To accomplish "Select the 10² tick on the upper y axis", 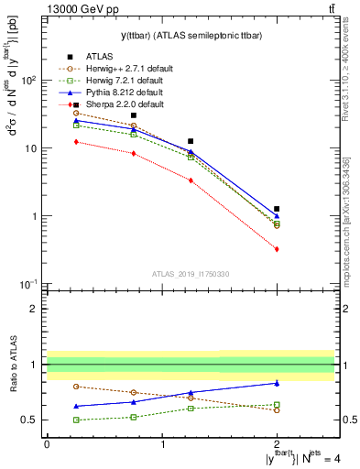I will pyautogui.click(x=30, y=80).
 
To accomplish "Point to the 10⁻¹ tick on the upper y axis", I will pyautogui.click(x=30, y=285).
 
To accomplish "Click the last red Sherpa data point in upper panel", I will pyautogui.click(x=277, y=249).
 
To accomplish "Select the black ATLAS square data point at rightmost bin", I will pyautogui.click(x=277, y=209).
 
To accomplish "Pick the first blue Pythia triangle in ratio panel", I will pyautogui.click(x=76, y=406).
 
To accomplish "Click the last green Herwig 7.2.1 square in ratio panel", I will pyautogui.click(x=277, y=405).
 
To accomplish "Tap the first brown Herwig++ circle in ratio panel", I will pyautogui.click(x=76, y=387).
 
